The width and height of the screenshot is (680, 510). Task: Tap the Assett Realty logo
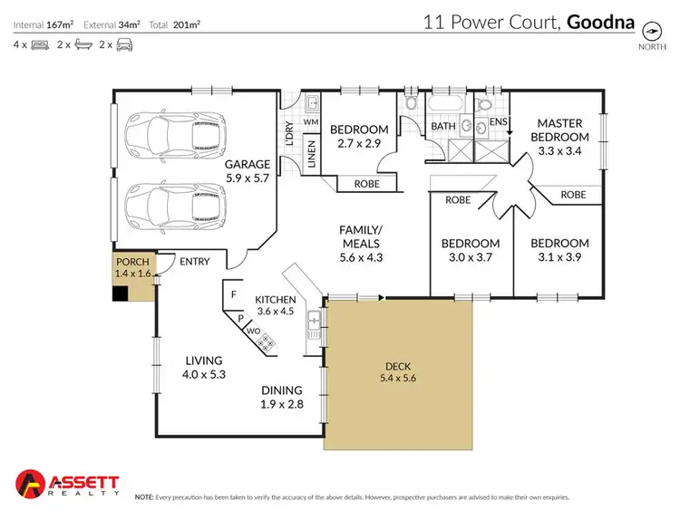tap(67, 483)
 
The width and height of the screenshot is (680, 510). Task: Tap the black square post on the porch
tap(120, 293)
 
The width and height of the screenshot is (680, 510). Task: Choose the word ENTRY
tap(195, 262)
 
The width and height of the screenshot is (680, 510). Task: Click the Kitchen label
tap(277, 299)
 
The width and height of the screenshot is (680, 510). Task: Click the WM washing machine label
tap(309, 120)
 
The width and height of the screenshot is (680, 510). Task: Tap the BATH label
tap(442, 126)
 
